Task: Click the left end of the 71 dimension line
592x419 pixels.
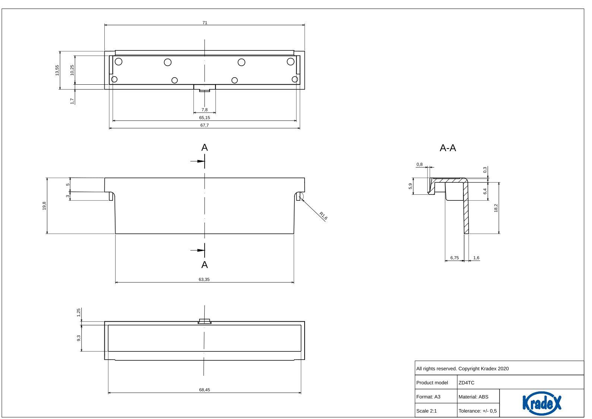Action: click(x=105, y=25)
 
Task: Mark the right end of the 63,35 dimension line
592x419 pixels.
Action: click(x=294, y=282)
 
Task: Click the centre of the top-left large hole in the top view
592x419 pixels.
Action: click(x=119, y=62)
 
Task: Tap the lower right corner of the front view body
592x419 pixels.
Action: click(x=294, y=234)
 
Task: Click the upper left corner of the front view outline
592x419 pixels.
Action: click(x=105, y=178)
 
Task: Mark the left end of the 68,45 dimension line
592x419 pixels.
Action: click(x=108, y=393)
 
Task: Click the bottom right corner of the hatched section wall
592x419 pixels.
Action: click(x=469, y=234)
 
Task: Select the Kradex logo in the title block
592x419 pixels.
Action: click(x=542, y=403)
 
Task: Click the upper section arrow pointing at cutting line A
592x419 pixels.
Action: click(x=198, y=161)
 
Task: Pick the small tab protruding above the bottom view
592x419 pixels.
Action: click(x=205, y=321)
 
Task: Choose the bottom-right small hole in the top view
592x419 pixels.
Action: click(x=295, y=79)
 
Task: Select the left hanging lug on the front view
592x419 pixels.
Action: click(x=111, y=196)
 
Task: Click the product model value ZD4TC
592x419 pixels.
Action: click(x=466, y=382)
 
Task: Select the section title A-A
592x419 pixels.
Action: click(x=448, y=148)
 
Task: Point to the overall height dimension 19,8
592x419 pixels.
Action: click(x=44, y=206)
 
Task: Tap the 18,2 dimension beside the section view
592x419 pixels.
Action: click(x=496, y=208)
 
